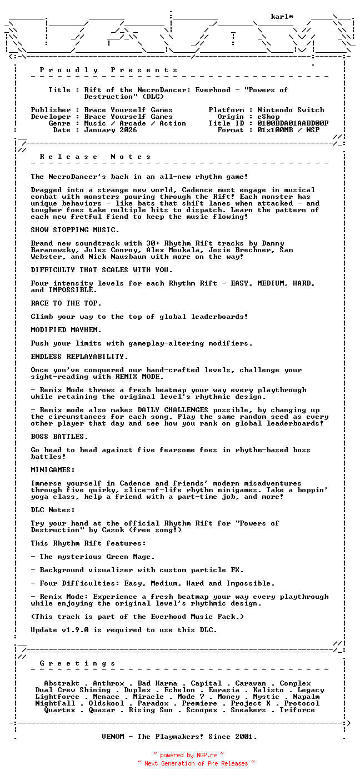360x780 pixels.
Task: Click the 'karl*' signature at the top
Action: (x=282, y=17)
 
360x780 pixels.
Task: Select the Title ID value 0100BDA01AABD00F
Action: (x=293, y=123)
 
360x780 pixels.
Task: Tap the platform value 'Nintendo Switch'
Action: (x=291, y=110)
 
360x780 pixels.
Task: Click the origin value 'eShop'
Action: (x=268, y=117)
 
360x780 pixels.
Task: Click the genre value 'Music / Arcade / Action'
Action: (x=135, y=123)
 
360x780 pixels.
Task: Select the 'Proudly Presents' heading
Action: (x=108, y=70)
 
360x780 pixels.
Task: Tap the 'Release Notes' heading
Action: (x=95, y=157)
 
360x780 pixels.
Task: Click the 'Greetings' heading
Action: (x=77, y=663)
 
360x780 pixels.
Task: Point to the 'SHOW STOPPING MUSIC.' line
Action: (x=75, y=230)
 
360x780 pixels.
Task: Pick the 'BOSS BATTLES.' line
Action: (x=59, y=437)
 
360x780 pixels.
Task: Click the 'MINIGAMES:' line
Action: (x=53, y=470)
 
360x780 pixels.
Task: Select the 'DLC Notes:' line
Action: (x=53, y=510)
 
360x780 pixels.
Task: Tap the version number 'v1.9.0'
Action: (x=77, y=630)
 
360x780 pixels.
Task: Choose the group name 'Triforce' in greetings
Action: (x=297, y=710)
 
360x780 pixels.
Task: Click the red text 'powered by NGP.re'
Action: (x=188, y=756)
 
